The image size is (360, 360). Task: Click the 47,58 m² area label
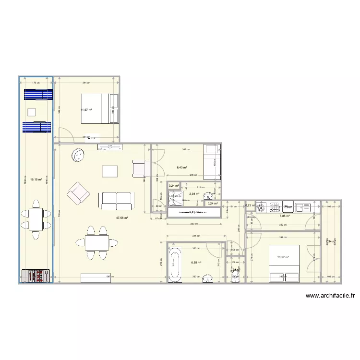pos(121,217)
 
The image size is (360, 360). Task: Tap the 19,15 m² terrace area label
pos(36,180)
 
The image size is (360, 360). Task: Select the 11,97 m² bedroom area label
pos(86,110)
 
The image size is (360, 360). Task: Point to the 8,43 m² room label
pos(182,168)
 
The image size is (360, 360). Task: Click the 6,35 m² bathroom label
pos(196,263)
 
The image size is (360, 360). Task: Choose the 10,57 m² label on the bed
pos(283,257)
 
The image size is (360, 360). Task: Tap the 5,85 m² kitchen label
pos(285,216)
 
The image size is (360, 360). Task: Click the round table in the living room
pos(79,156)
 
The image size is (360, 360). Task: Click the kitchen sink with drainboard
pos(304,207)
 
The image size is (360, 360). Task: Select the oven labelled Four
pos(288,207)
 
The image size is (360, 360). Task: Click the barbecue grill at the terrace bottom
pos(36,276)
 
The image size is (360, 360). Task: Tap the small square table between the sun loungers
pos(32,113)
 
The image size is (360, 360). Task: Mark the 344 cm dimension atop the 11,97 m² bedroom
pos(86,83)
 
